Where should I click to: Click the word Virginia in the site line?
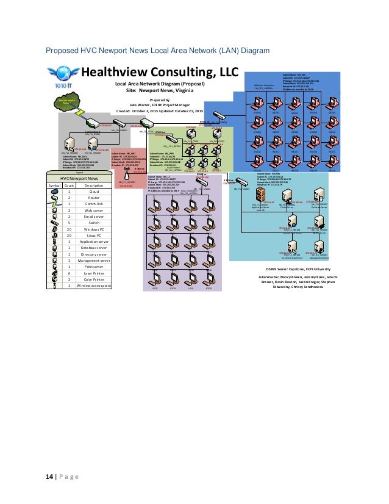[x=184, y=89]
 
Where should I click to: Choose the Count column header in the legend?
[x=70, y=185]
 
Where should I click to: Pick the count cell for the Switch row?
[x=70, y=223]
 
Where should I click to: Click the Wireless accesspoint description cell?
[x=93, y=285]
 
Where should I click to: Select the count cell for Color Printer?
[x=70, y=279]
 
